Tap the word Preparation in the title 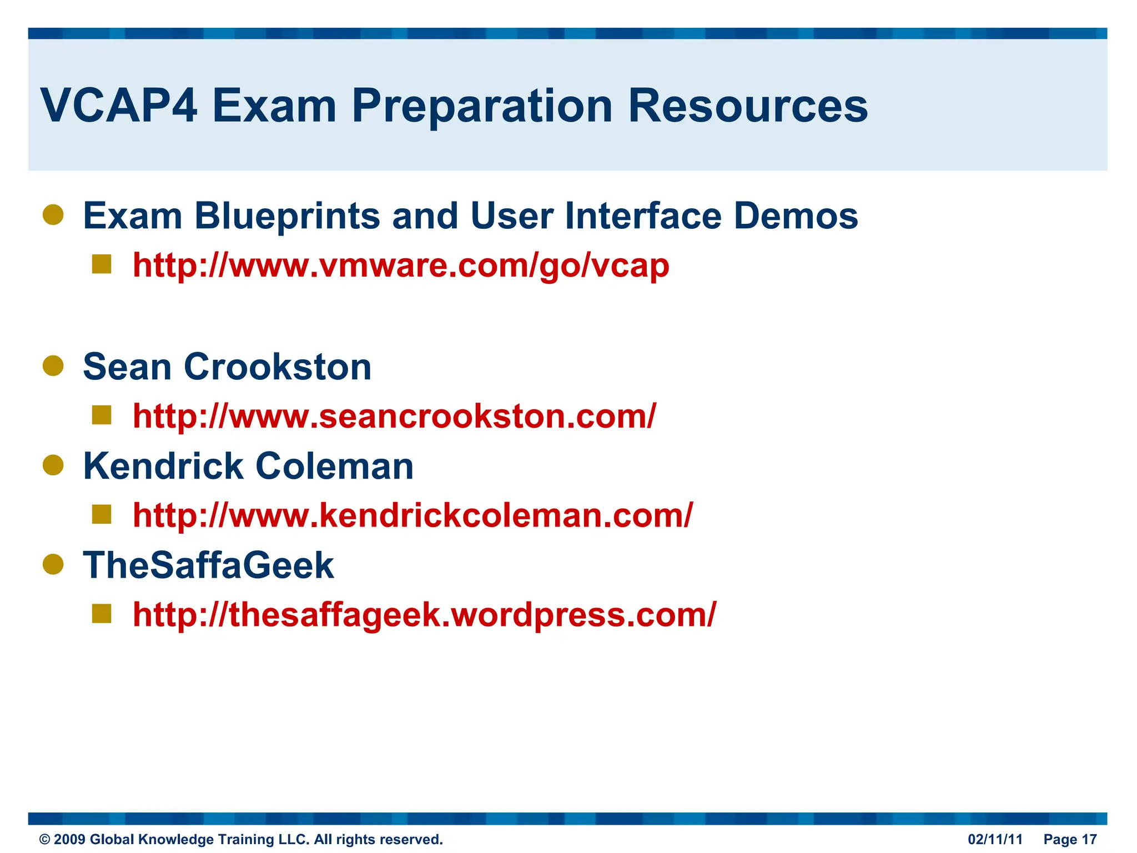pyautogui.click(x=482, y=107)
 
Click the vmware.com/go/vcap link pyautogui.click(x=401, y=265)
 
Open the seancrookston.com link pyautogui.click(x=394, y=417)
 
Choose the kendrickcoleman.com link pyautogui.click(x=412, y=515)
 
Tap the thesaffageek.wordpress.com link pyautogui.click(x=424, y=615)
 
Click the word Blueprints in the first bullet pyautogui.click(x=287, y=216)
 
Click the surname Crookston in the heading pyautogui.click(x=278, y=367)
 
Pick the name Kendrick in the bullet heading pyautogui.click(x=163, y=466)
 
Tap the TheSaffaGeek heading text pyautogui.click(x=208, y=565)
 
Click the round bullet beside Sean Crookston pyautogui.click(x=53, y=366)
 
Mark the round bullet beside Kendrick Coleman pyautogui.click(x=53, y=465)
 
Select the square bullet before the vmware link pyautogui.click(x=102, y=264)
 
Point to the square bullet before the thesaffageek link pyautogui.click(x=102, y=614)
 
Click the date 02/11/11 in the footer pyautogui.click(x=995, y=839)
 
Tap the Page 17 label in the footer pyautogui.click(x=1070, y=839)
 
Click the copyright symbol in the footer pyautogui.click(x=44, y=840)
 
